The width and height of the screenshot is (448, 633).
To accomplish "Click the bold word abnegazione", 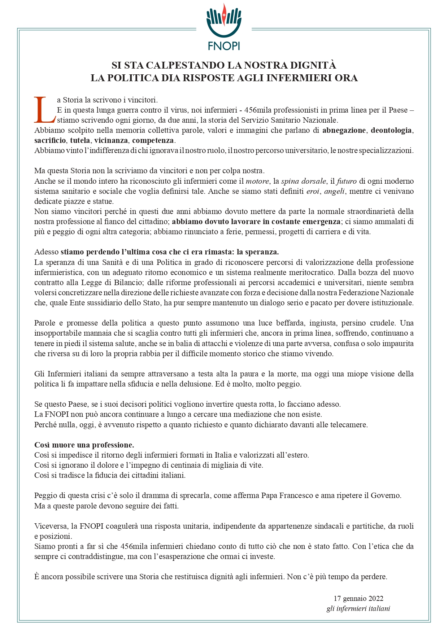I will (x=344, y=130).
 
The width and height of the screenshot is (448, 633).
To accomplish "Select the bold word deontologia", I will (x=391, y=130).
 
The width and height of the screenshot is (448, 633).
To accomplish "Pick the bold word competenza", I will (x=153, y=140).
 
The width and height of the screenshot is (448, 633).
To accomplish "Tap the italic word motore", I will (x=257, y=181).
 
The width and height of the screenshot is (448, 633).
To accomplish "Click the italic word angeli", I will (x=334, y=191).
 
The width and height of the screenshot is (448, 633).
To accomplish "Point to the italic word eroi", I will (x=313, y=191).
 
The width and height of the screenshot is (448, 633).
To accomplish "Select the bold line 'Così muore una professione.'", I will (x=84, y=445).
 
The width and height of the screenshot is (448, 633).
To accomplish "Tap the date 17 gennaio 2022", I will (x=358, y=599).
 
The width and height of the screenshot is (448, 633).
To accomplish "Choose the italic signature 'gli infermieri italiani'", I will (x=358, y=609).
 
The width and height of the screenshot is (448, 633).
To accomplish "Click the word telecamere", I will (x=349, y=425).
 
